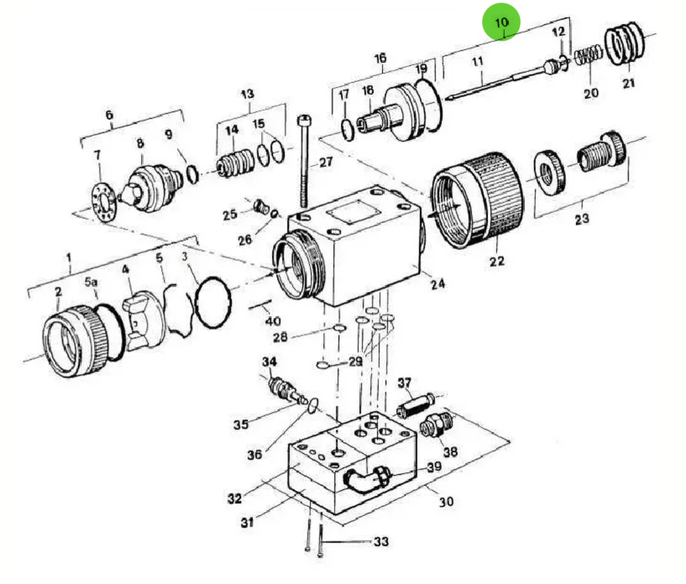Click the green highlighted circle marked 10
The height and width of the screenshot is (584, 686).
[x=501, y=22]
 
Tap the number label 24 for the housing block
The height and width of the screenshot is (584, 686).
[x=437, y=283]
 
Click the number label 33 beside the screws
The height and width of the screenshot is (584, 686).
[x=381, y=542]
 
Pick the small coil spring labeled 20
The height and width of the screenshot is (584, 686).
[x=588, y=57]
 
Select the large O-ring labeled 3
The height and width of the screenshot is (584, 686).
[x=213, y=302]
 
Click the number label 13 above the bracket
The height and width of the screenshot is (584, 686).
[x=248, y=94]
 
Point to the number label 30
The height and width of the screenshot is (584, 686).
[x=446, y=501]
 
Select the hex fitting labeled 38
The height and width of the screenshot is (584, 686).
[x=435, y=425]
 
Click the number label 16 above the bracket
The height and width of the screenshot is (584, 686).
[x=380, y=58]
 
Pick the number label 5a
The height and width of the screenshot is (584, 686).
[x=91, y=281]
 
